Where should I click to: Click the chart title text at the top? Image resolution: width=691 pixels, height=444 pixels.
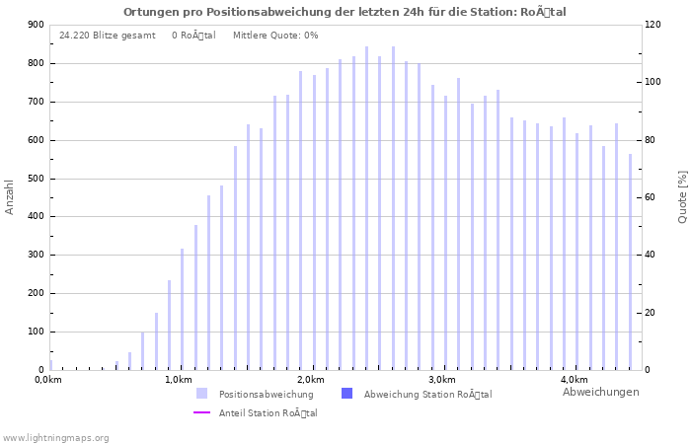(x=345, y=12)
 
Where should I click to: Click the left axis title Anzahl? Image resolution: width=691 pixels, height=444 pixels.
(x=10, y=196)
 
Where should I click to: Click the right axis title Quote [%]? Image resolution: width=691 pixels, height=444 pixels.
(x=682, y=196)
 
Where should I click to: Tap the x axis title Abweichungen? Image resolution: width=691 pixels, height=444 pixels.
(x=600, y=392)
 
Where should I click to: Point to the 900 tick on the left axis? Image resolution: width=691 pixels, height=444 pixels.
(x=36, y=25)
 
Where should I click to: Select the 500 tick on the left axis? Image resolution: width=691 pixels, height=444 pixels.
(x=36, y=179)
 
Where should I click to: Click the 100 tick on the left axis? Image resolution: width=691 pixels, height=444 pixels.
(x=36, y=332)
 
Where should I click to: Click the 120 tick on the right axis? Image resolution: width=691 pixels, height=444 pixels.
(x=653, y=25)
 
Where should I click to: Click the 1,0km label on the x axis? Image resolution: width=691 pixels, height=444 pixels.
(x=178, y=380)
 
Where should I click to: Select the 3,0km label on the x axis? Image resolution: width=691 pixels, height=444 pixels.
(x=441, y=380)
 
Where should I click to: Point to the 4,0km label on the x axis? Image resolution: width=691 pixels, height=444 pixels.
(x=574, y=380)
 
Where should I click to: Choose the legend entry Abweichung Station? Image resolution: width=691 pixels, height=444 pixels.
(x=427, y=394)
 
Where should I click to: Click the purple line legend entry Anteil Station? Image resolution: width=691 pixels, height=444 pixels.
(x=268, y=412)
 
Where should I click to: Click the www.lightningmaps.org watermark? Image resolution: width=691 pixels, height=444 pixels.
(x=55, y=437)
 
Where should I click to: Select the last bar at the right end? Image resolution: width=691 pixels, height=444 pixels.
(x=630, y=262)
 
